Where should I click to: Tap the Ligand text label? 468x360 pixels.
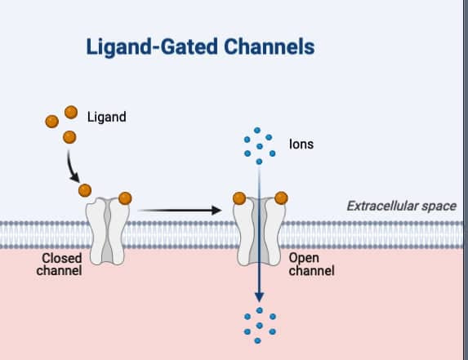106,117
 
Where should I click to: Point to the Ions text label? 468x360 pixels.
301,144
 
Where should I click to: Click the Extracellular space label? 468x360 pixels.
401,207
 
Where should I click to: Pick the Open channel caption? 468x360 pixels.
311,264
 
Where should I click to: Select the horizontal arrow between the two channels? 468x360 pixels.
180,211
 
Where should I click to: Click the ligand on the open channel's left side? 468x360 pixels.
239,198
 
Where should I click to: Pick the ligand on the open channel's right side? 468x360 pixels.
281,198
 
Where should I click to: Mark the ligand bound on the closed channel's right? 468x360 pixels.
125,198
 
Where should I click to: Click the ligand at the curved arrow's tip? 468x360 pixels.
84,190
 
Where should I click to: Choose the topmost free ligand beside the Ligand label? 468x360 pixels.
71,112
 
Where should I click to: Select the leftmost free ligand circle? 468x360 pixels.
52,122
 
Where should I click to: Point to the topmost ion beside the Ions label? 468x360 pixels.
258,130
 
